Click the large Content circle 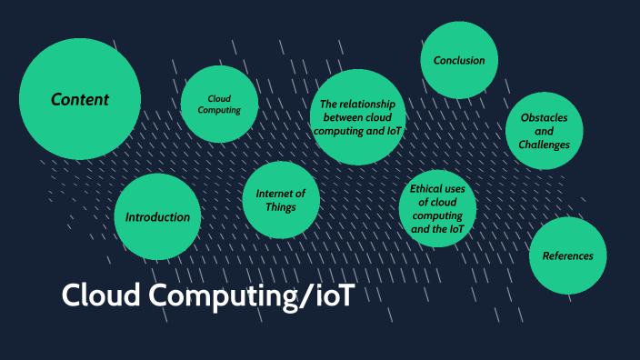click(80, 99)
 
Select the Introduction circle click(157, 216)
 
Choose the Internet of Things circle click(281, 200)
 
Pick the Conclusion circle click(459, 60)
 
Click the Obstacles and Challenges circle click(545, 131)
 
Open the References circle click(568, 255)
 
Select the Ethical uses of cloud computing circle click(438, 209)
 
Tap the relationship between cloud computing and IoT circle click(357, 117)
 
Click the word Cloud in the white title click(98, 295)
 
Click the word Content click(80, 99)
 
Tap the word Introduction click(157, 217)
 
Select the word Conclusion click(459, 61)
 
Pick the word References click(568, 255)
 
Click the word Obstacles click(545, 117)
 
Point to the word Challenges click(545, 145)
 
